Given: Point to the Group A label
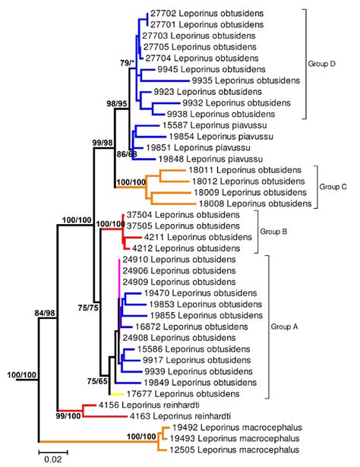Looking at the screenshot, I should click(285, 327).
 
